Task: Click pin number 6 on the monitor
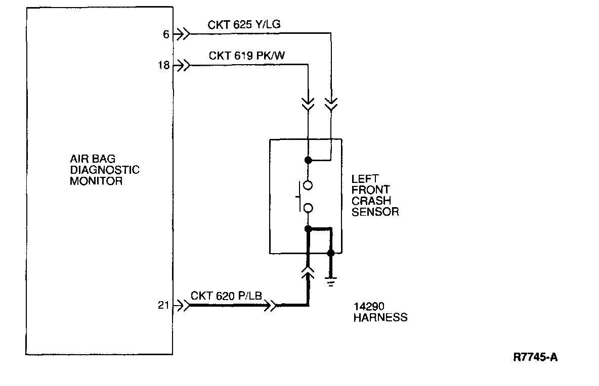(x=165, y=34)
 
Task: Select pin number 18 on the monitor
(x=162, y=65)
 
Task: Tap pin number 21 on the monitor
(x=162, y=306)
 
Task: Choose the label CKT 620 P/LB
(x=226, y=295)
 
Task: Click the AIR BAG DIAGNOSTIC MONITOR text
(x=104, y=170)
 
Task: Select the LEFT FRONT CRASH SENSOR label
(x=375, y=195)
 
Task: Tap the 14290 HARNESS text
(x=380, y=312)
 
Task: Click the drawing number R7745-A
(x=535, y=358)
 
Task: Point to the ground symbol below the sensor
(x=331, y=282)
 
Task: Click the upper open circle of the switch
(x=308, y=185)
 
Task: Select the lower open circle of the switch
(x=308, y=208)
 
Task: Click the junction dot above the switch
(x=308, y=160)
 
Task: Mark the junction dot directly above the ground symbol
(x=331, y=253)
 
